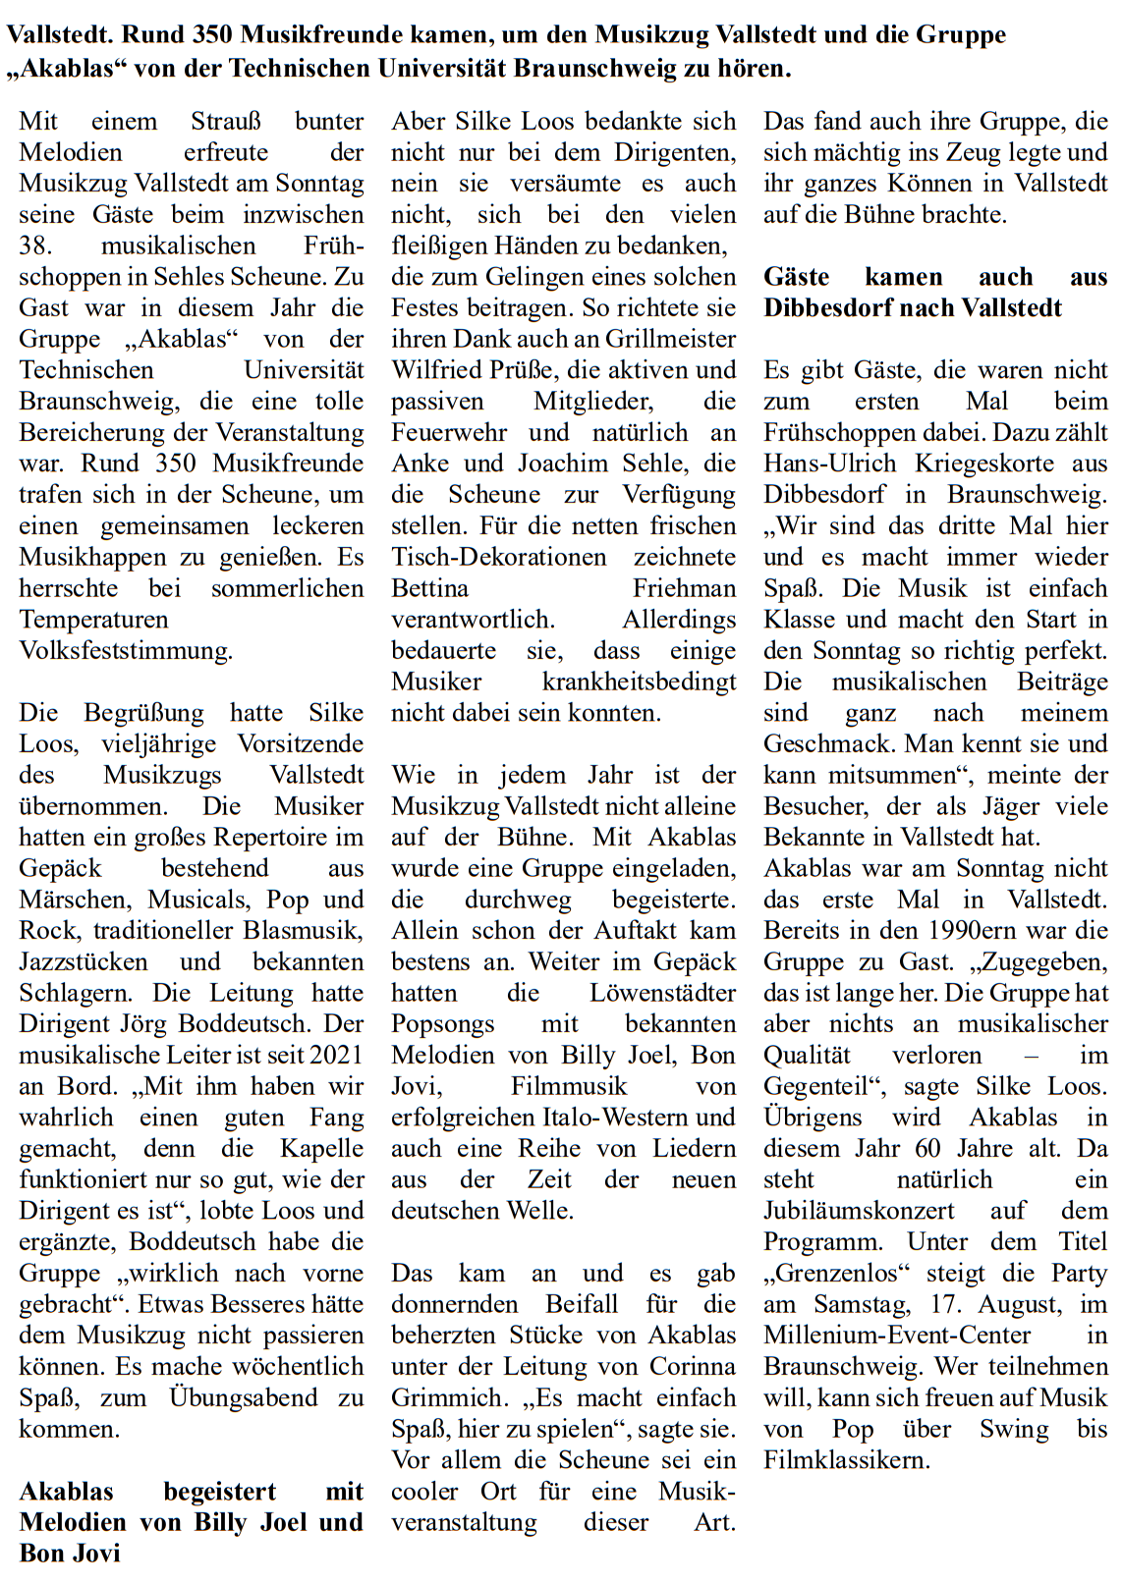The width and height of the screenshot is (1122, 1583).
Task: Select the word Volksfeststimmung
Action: [126, 651]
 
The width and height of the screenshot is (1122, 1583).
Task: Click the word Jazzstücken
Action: [84, 962]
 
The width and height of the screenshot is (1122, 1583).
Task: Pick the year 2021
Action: [336, 1056]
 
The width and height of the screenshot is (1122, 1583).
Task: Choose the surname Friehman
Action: [684, 588]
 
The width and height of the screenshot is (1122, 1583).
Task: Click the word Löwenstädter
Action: [662, 994]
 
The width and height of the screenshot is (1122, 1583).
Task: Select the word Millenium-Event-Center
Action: [897, 1336]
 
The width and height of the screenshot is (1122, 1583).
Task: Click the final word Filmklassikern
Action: [846, 1460]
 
